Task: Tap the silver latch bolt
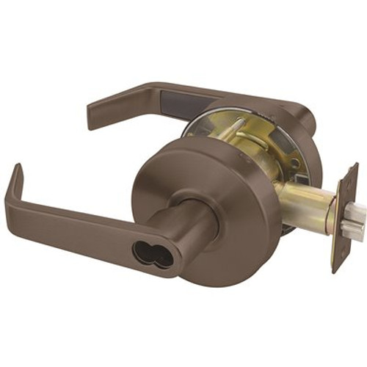pos(355,220)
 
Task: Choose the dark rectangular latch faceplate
pos(344,217)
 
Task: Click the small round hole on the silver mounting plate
pos(294,163)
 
